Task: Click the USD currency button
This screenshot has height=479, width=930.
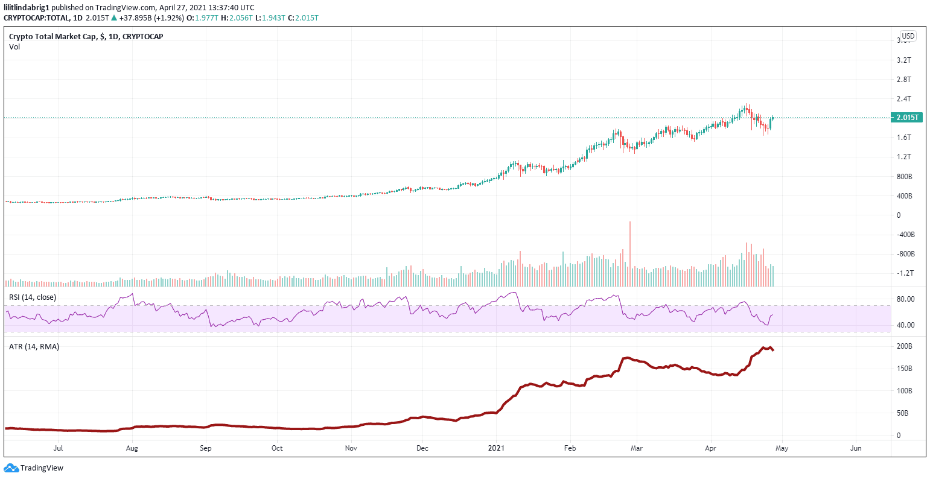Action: point(908,36)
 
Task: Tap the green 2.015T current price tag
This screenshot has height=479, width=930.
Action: point(906,118)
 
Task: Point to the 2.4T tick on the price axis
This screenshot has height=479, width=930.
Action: point(903,99)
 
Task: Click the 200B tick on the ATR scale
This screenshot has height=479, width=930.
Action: point(904,346)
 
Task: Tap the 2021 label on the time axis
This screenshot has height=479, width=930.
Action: point(496,448)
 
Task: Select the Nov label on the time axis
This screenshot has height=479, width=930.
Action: point(351,448)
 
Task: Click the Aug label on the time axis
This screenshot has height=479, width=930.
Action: point(132,448)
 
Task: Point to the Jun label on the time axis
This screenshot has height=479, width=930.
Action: point(855,448)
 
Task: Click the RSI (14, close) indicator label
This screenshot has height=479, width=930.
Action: point(33,297)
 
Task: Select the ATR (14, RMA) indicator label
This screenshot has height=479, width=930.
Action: point(34,346)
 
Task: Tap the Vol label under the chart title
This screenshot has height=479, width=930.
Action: point(14,46)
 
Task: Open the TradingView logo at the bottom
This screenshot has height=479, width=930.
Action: point(34,468)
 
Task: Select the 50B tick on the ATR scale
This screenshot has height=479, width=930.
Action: point(903,413)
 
